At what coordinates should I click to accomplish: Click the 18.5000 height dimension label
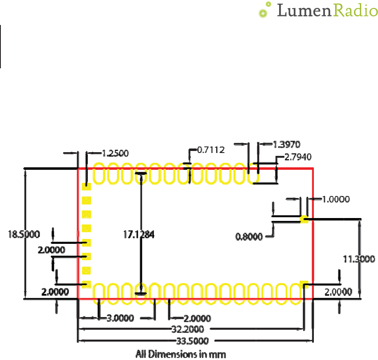point(24,234)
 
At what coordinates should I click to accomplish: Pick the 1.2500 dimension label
point(115,154)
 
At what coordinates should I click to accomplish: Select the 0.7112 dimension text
point(211,150)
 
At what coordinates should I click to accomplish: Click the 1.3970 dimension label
point(286,144)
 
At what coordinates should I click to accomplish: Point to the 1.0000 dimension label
point(336,199)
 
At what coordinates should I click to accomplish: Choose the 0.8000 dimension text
point(249,237)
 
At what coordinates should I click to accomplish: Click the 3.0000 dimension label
point(120,318)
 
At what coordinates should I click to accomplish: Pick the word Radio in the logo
point(354,11)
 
